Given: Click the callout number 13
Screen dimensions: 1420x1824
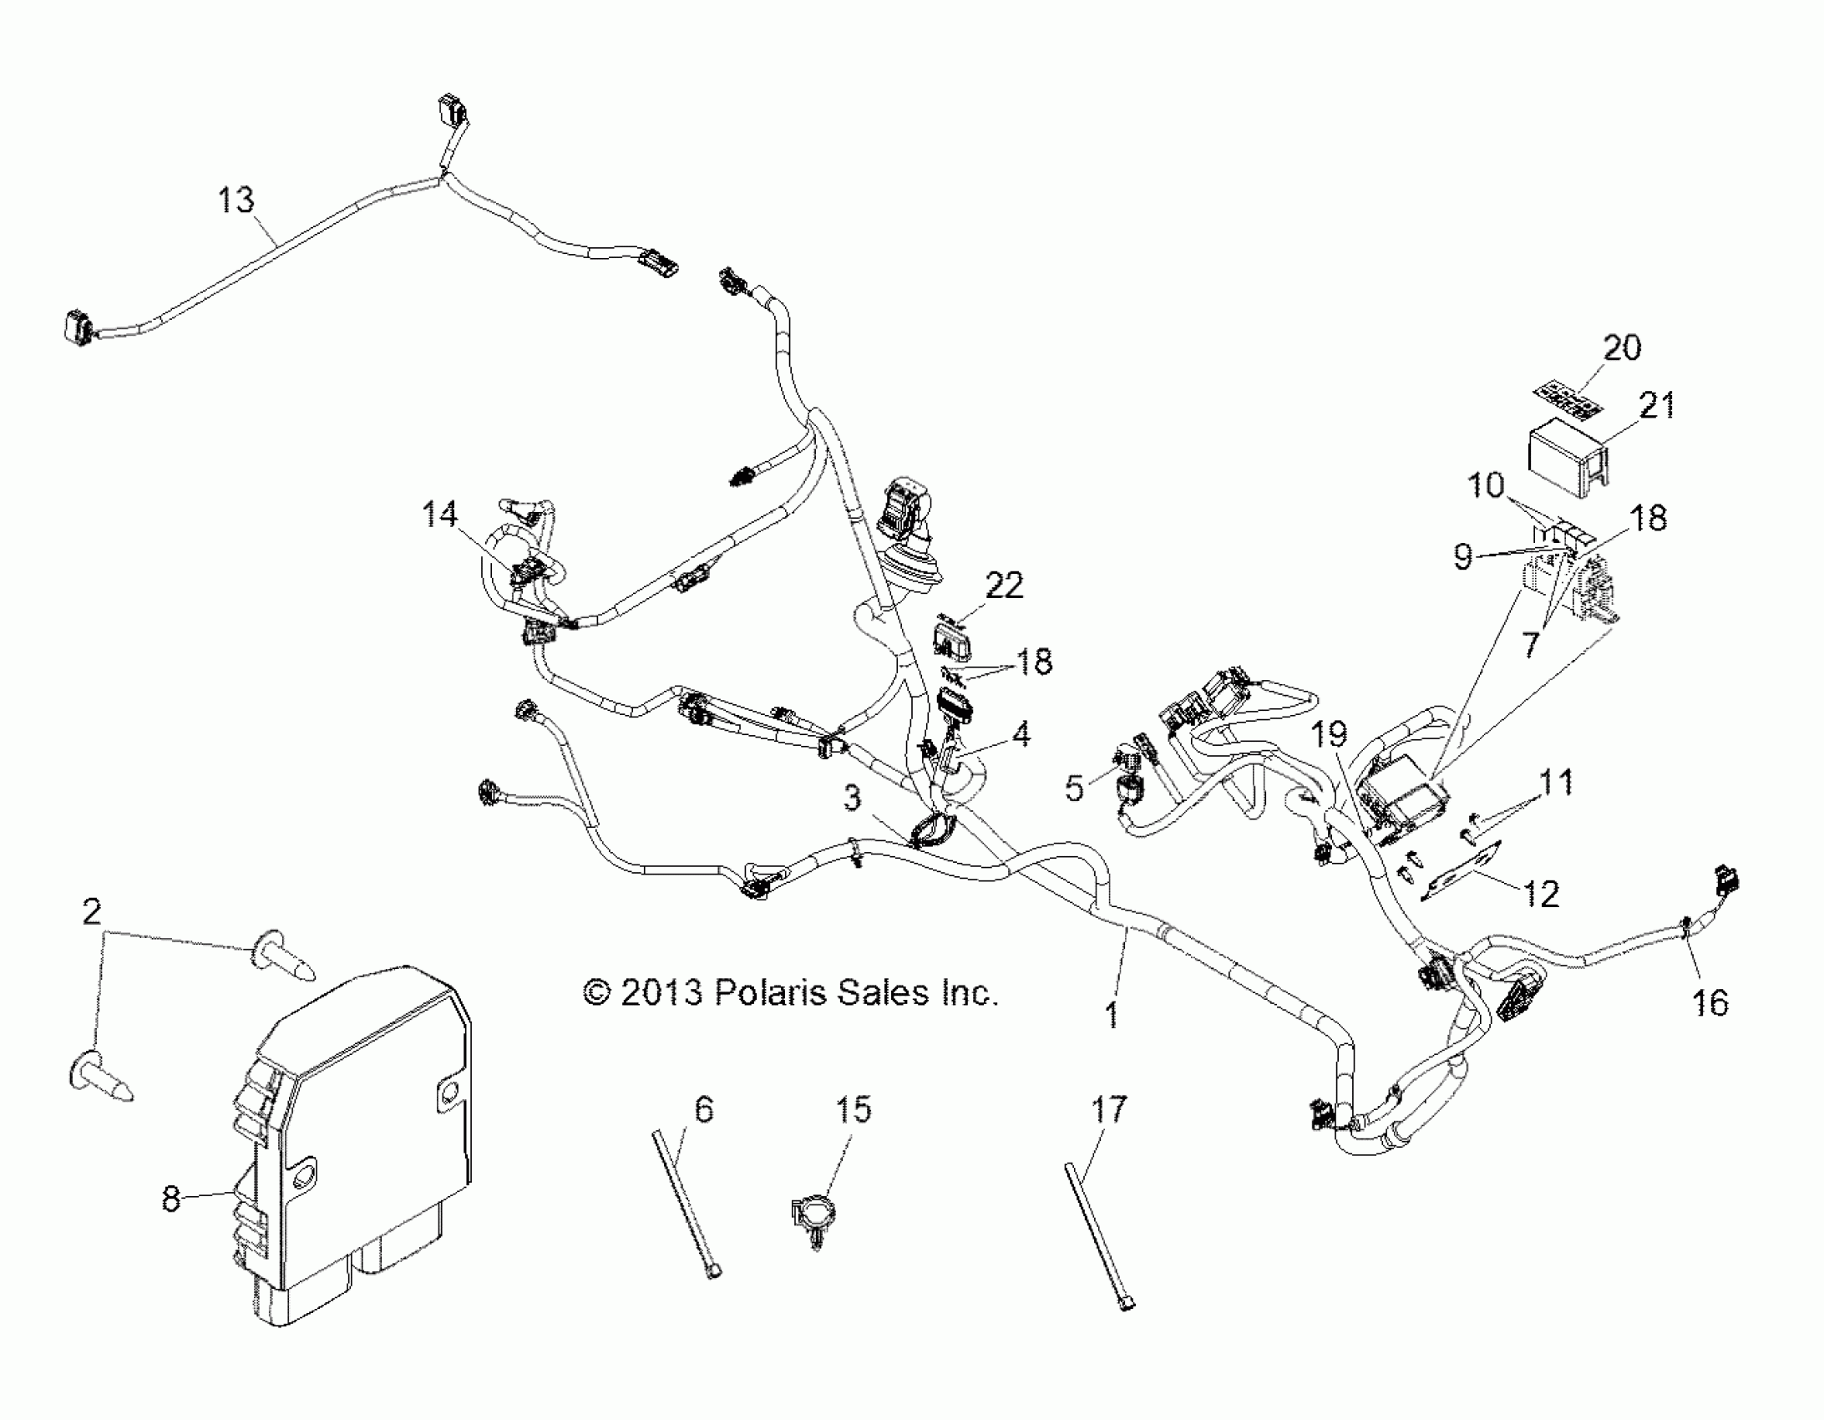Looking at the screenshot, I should [x=236, y=201].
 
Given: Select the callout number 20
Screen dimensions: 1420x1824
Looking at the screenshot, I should [x=1622, y=347].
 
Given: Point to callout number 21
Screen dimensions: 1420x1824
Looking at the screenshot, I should [x=1657, y=406].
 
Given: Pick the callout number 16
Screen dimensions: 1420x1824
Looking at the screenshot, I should [x=1710, y=1002].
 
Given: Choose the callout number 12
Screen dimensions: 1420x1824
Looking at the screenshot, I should [x=1542, y=895].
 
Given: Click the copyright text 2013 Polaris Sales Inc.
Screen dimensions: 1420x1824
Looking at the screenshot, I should [x=790, y=993].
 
